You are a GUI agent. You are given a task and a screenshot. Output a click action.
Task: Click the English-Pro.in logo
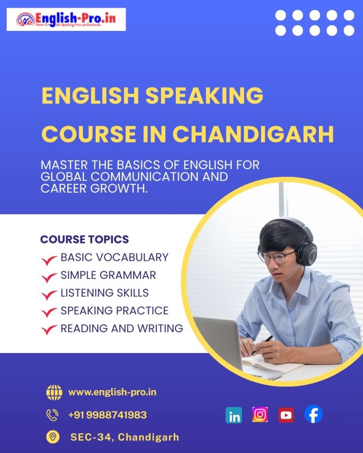point(66,19)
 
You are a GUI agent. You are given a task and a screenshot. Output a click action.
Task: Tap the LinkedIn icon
point(234,415)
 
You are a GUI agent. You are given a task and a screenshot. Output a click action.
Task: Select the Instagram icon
point(260,414)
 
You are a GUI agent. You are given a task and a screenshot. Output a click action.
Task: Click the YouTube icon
point(286,415)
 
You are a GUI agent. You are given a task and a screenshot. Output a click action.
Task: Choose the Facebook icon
point(313,414)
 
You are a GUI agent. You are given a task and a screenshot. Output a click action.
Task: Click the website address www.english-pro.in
point(112,392)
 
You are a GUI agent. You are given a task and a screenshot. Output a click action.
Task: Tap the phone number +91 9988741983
point(107,415)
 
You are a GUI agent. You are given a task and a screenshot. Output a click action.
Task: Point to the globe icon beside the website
point(54,392)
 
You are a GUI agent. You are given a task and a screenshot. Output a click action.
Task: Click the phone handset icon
point(52,415)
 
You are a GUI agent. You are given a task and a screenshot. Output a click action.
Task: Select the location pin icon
point(52,437)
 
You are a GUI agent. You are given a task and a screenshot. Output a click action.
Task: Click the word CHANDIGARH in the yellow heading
point(253,134)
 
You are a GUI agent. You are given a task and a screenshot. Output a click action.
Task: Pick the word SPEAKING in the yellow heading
point(205,96)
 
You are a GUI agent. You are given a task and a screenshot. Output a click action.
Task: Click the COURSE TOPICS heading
point(85,240)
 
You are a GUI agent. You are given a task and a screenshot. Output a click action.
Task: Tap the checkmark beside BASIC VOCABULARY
point(49,260)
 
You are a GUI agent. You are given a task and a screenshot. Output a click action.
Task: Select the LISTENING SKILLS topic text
point(105,293)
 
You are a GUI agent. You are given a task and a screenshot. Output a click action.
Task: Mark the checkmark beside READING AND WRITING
point(49,330)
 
